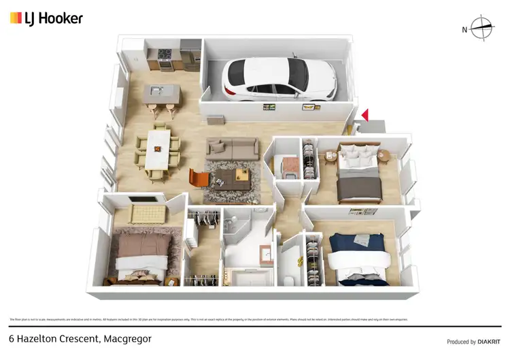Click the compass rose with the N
click(481, 28)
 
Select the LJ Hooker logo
click(46, 18)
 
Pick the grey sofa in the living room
click(232, 147)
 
